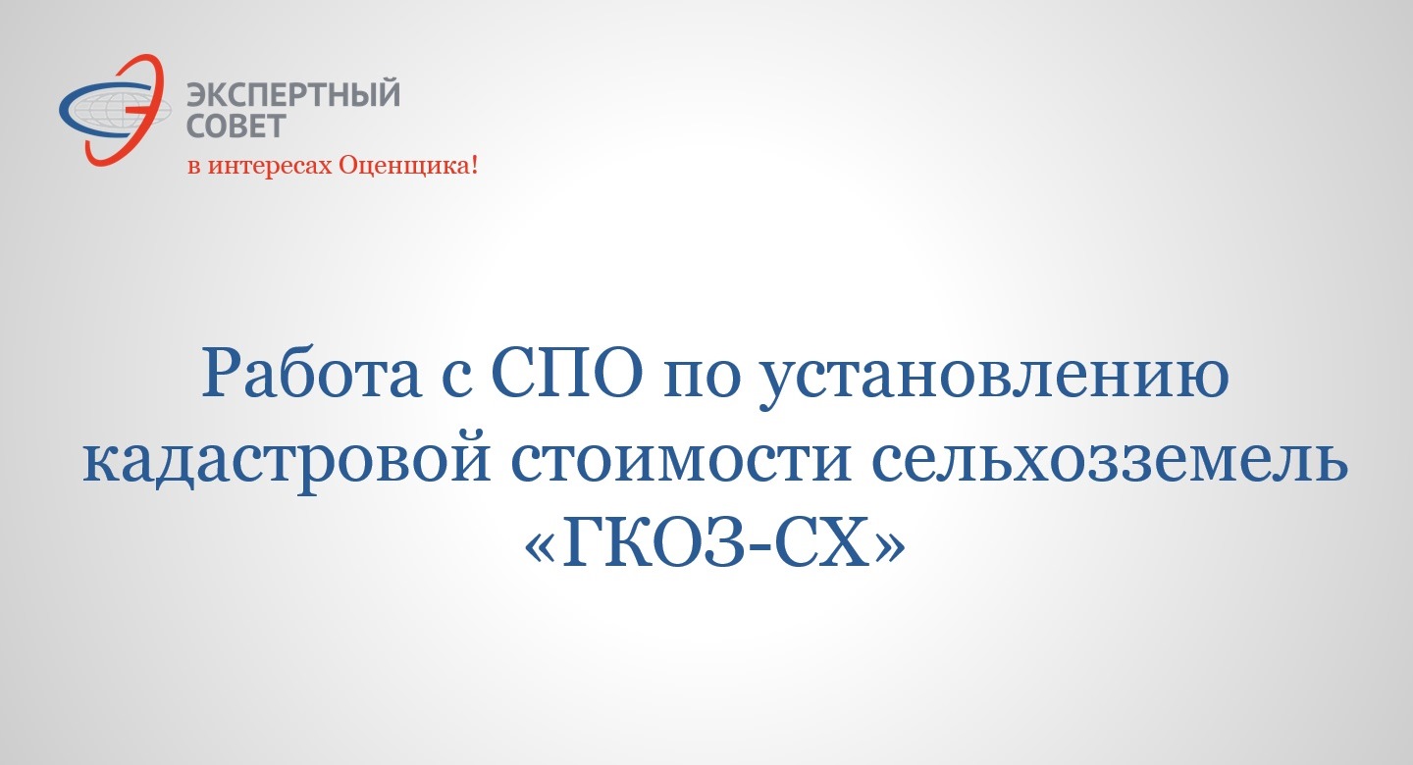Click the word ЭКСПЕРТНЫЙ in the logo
(293, 93)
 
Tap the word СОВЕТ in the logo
(236, 126)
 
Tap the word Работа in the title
(311, 375)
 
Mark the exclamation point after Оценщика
(474, 165)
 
